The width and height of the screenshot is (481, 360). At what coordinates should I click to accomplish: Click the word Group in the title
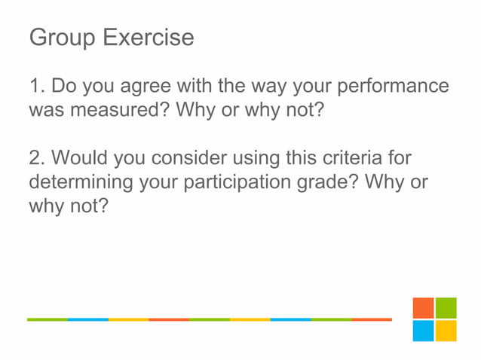click(63, 38)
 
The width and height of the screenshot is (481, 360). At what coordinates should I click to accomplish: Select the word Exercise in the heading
click(149, 38)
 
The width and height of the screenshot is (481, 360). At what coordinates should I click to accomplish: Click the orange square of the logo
click(423, 308)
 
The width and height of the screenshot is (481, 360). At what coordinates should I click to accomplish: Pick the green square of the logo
click(446, 308)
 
